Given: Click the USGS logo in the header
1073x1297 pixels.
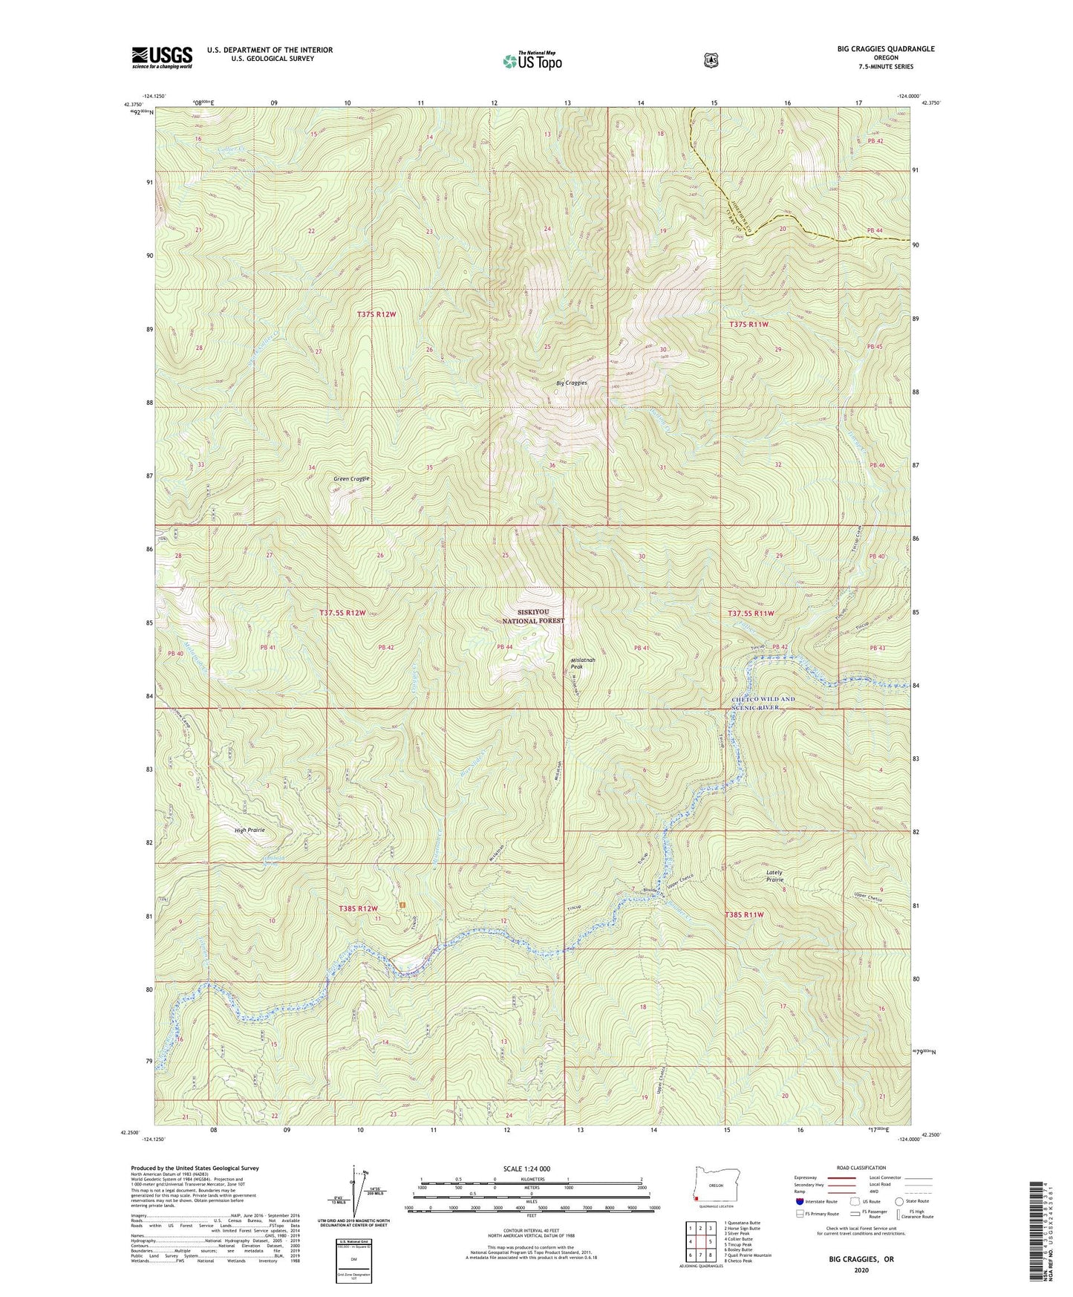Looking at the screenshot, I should pos(162,56).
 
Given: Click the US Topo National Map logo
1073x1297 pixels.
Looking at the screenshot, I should pos(531,61).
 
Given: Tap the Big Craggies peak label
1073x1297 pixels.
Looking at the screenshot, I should pos(572,383).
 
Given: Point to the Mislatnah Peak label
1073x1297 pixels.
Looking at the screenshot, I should pos(582,663).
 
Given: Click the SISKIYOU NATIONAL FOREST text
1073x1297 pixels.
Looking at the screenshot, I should pos(532,617).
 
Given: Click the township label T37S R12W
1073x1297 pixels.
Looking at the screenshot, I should pos(376,314).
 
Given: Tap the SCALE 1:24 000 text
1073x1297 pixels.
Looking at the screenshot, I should pos(526,1168).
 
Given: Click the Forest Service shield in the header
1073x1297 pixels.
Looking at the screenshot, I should pos(711,60).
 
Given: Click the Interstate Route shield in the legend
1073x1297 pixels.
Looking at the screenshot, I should pos(799,1200).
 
